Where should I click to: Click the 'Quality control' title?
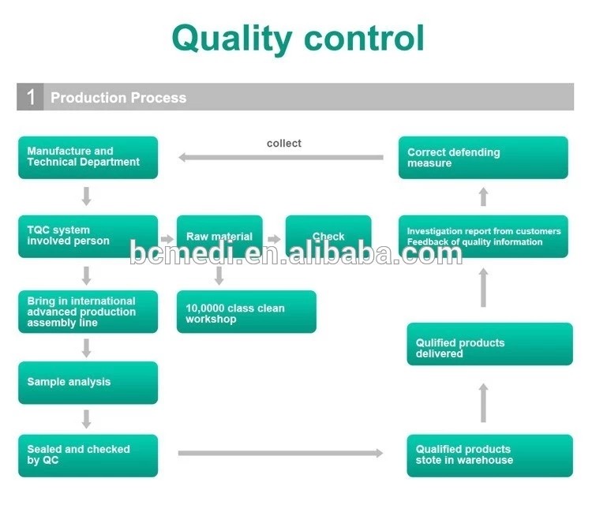coord(298,38)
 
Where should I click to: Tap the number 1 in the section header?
coord(31,98)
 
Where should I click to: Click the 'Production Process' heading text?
coord(118,98)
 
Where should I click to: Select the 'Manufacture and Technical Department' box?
coord(88,157)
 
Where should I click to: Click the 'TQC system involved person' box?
coord(88,236)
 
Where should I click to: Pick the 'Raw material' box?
coord(219,236)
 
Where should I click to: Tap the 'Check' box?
coord(328,236)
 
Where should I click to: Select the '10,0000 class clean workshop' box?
coord(246,312)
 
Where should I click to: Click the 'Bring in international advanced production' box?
coord(88,312)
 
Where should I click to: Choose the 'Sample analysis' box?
coord(88,383)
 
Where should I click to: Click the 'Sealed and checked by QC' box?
coord(88,455)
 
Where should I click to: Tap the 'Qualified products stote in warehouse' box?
coord(489,455)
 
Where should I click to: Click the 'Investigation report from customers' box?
coord(483,236)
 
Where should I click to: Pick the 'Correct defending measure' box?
coord(483,157)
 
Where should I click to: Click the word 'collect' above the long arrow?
coord(284,143)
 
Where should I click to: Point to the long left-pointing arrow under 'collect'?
coord(281,157)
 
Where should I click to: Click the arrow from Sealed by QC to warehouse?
coord(281,453)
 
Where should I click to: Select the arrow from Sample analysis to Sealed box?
coord(87,419)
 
